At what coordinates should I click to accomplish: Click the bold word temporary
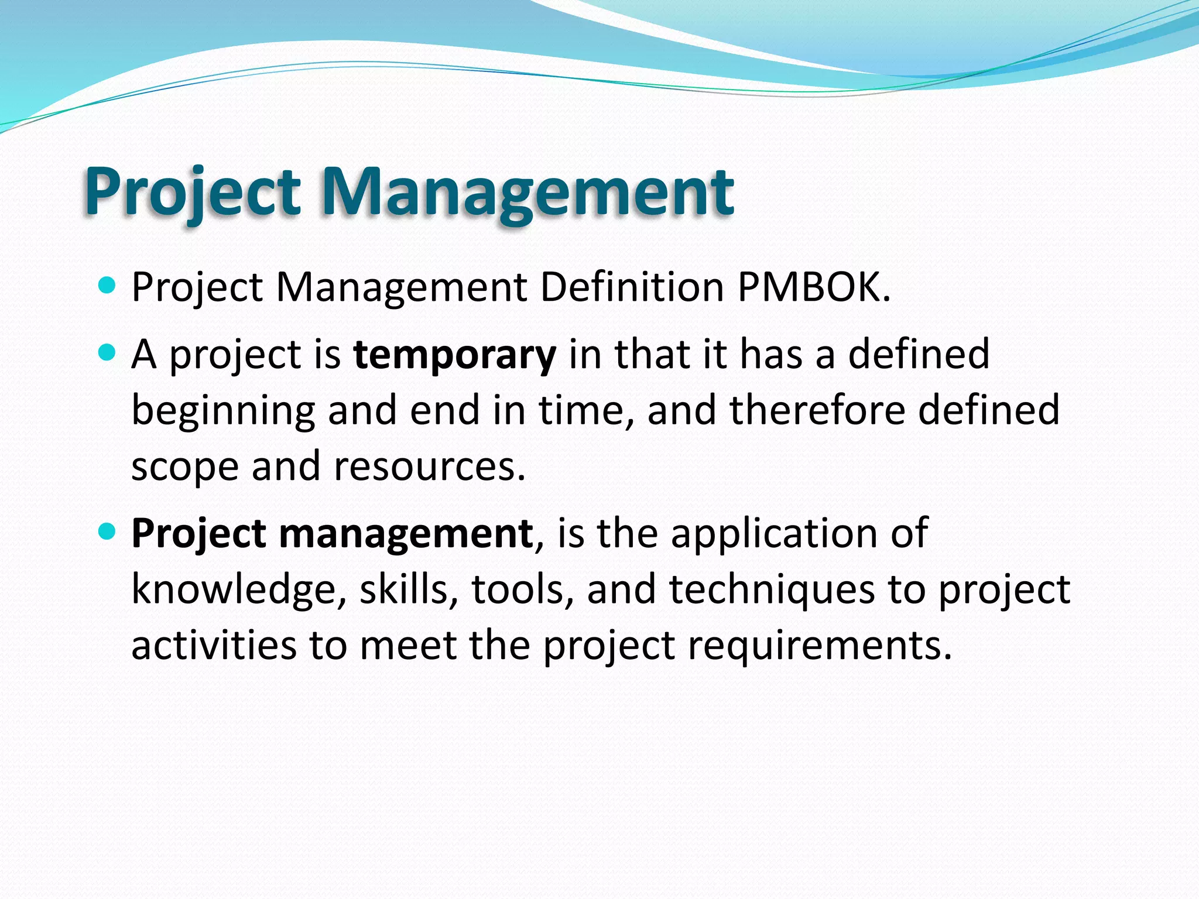454,355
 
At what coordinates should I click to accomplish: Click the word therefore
817,410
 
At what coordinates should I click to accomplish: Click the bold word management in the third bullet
406,534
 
